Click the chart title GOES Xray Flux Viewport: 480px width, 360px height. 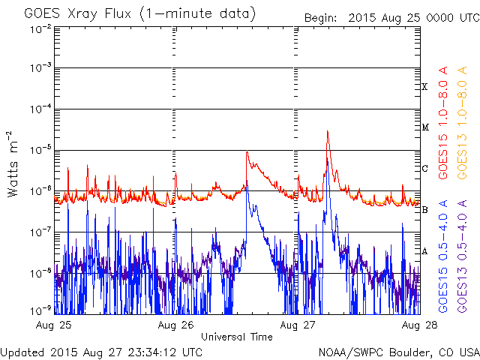tap(78, 14)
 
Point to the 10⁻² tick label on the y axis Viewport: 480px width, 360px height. tap(40, 30)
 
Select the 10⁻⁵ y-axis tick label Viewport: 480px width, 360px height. tap(40, 150)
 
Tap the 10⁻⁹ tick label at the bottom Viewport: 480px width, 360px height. tap(40, 311)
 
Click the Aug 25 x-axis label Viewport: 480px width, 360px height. tap(53, 325)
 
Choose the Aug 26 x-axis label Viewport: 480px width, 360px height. tap(175, 325)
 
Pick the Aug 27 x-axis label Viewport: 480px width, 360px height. tap(297, 325)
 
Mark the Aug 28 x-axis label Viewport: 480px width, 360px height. tap(419, 325)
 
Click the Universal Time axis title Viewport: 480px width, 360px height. tap(237, 337)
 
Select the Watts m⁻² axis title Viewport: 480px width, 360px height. tap(13, 164)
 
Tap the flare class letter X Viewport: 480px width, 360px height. tap(424, 87)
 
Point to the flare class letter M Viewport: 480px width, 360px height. tap(425, 127)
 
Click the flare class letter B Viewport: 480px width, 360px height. tap(424, 210)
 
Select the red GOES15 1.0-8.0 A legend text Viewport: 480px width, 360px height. tap(443, 122)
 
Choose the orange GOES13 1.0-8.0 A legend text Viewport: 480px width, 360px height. tap(462, 122)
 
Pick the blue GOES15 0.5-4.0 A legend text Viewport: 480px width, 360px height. tap(443, 256)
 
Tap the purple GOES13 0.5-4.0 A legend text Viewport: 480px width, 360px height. tap(462, 256)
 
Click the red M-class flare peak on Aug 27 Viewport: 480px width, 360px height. tap(328, 131)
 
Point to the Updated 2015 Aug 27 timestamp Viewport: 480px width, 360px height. tap(101, 352)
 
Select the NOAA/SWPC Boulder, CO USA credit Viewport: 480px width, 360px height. tap(399, 352)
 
